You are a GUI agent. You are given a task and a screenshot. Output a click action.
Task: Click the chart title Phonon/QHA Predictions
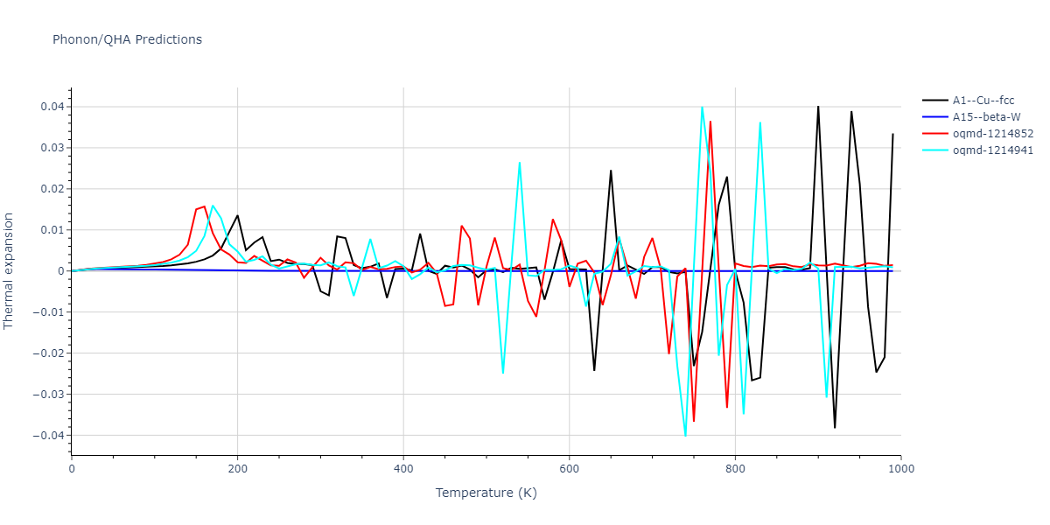[127, 39]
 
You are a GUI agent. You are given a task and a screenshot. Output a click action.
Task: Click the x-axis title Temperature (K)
[486, 493]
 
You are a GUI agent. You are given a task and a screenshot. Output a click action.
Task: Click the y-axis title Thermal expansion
[10, 270]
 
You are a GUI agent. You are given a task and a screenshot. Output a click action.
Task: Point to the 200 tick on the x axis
[237, 469]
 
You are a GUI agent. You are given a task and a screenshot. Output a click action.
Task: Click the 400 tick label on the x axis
[403, 469]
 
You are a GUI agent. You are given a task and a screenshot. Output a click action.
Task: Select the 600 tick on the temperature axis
[569, 469]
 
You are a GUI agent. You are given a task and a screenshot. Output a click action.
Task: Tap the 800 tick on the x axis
[735, 469]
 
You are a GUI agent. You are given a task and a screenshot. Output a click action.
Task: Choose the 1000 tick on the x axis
[900, 469]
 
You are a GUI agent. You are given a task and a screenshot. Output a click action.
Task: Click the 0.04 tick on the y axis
[51, 107]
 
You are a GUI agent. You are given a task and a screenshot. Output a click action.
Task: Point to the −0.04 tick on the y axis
[47, 436]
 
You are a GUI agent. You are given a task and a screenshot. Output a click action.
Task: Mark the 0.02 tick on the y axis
[51, 189]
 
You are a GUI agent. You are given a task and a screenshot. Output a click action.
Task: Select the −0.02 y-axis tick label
[47, 353]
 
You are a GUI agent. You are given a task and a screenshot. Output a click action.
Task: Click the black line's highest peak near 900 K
[818, 106]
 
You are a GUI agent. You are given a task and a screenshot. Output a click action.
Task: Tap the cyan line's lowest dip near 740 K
[685, 436]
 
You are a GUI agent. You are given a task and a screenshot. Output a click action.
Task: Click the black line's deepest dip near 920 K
[835, 428]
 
